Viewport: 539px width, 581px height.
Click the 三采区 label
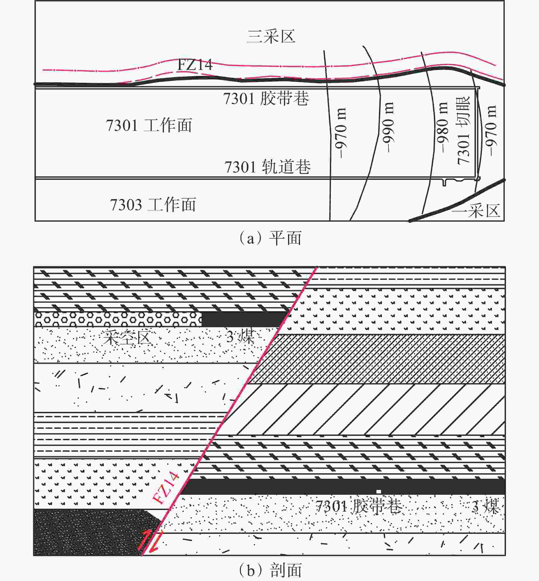click(271, 37)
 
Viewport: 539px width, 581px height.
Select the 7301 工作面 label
click(149, 126)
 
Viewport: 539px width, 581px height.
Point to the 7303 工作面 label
click(153, 204)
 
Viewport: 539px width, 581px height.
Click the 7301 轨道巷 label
click(268, 167)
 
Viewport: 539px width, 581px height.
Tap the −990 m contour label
click(388, 127)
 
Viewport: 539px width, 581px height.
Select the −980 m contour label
click(442, 127)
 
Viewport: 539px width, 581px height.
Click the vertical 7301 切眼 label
click(463, 130)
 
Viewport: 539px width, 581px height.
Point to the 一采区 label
click(476, 210)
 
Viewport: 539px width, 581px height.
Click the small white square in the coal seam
click(379, 491)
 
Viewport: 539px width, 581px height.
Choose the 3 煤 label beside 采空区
click(240, 337)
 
